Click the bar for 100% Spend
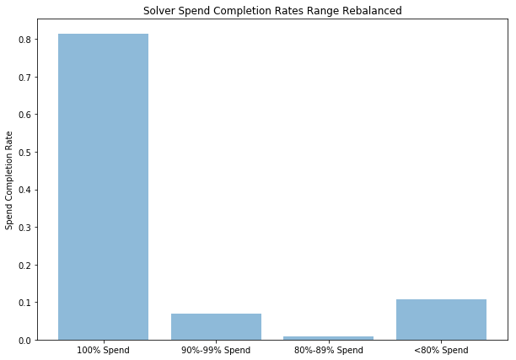103,186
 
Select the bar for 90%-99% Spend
216,326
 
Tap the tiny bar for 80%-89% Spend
328,338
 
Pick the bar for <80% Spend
441,320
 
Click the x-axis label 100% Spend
103,349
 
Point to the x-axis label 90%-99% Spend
216,349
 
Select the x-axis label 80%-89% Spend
328,349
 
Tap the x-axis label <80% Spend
441,349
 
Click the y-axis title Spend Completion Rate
9,180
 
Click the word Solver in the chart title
160,12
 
